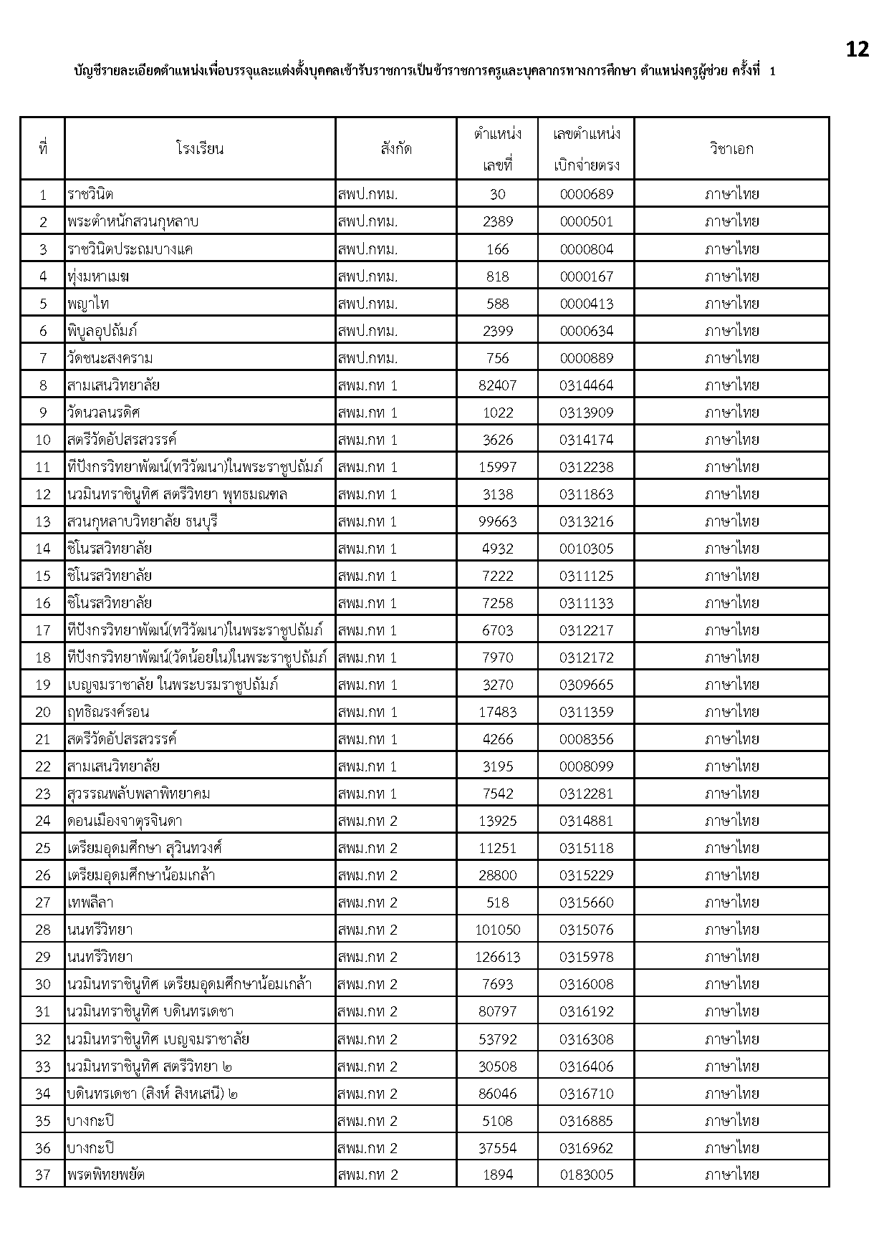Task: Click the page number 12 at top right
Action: (x=857, y=49)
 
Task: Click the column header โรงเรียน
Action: (x=200, y=149)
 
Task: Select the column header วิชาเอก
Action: (x=731, y=149)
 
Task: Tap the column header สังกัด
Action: (x=396, y=149)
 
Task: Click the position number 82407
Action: (x=497, y=385)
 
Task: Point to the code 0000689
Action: (x=586, y=194)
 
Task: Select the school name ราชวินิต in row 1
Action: (x=90, y=194)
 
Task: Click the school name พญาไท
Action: (x=88, y=304)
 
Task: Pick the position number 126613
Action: (x=497, y=957)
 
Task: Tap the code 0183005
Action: (x=586, y=1175)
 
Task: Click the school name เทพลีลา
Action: (x=90, y=902)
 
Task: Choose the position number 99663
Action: (x=497, y=521)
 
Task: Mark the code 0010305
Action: (x=586, y=549)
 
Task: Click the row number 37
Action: (x=43, y=1175)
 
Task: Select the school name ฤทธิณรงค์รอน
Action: (x=108, y=712)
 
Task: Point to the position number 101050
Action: (x=497, y=930)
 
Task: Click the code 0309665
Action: (x=586, y=685)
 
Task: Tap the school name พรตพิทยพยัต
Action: (x=107, y=1175)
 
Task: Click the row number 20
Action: (x=43, y=712)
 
